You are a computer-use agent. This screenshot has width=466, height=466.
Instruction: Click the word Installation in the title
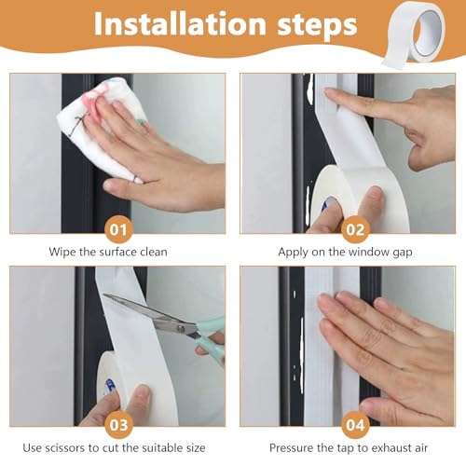tap(165, 26)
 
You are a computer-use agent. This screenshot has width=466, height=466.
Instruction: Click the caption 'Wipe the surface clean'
tap(115, 252)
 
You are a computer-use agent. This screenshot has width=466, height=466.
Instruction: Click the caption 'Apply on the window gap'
tap(347, 252)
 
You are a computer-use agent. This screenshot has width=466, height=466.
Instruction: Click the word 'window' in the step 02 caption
tap(367, 252)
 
